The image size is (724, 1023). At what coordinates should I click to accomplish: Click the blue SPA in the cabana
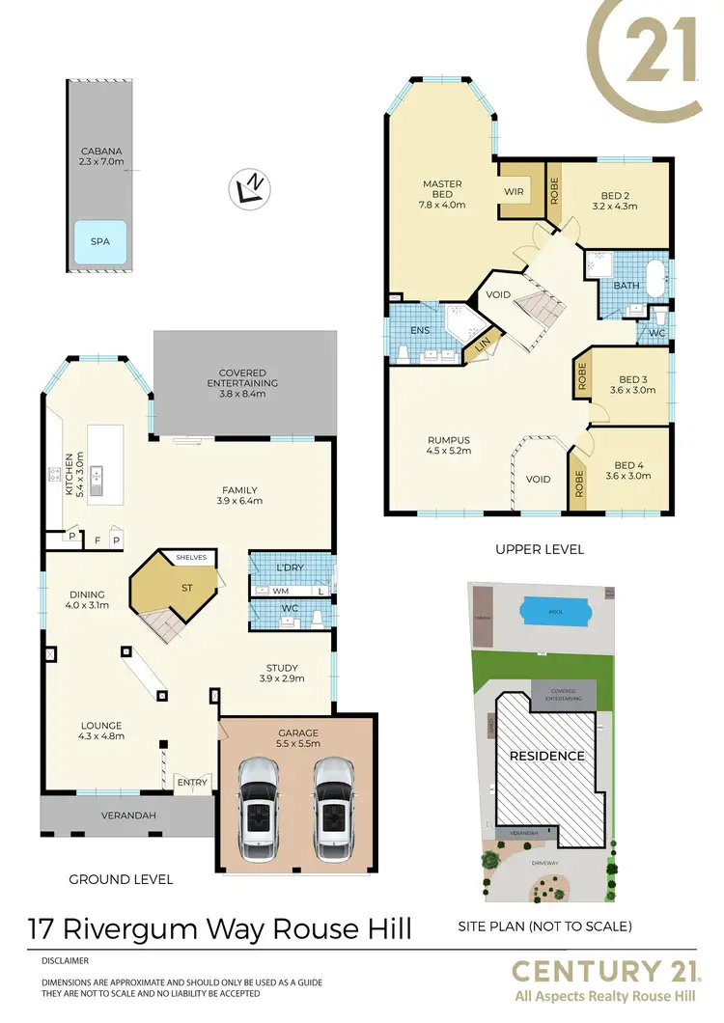[x=99, y=242]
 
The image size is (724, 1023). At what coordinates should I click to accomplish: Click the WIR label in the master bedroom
[x=514, y=192]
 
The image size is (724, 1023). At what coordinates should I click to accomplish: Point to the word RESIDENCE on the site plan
[x=546, y=756]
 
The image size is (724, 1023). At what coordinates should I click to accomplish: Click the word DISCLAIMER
[x=65, y=961]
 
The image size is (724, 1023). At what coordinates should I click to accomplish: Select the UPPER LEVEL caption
[x=539, y=549]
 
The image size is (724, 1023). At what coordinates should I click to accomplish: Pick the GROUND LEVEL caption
[x=121, y=879]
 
